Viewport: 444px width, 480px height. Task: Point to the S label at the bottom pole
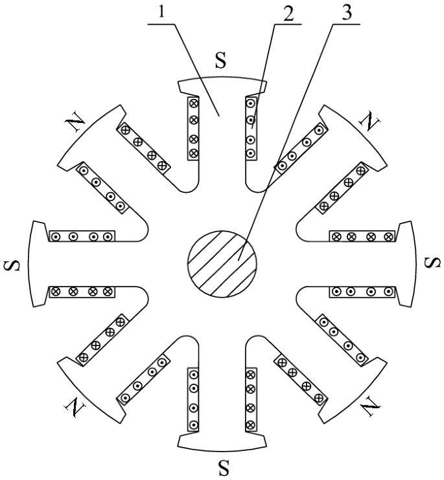pyautogui.click(x=224, y=467)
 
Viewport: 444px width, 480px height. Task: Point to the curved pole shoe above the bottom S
pyautogui.click(x=222, y=442)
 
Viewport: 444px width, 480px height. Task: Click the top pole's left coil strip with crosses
pyautogui.click(x=193, y=127)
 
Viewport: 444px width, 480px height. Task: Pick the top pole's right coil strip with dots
pyautogui.click(x=250, y=127)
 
